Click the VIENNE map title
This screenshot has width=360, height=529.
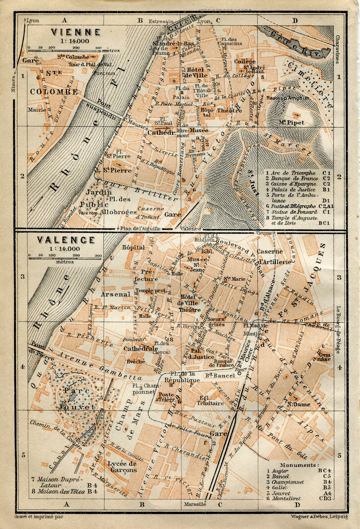tap(75, 32)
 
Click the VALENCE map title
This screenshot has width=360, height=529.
tap(66, 241)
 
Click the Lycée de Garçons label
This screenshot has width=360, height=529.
tap(122, 466)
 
